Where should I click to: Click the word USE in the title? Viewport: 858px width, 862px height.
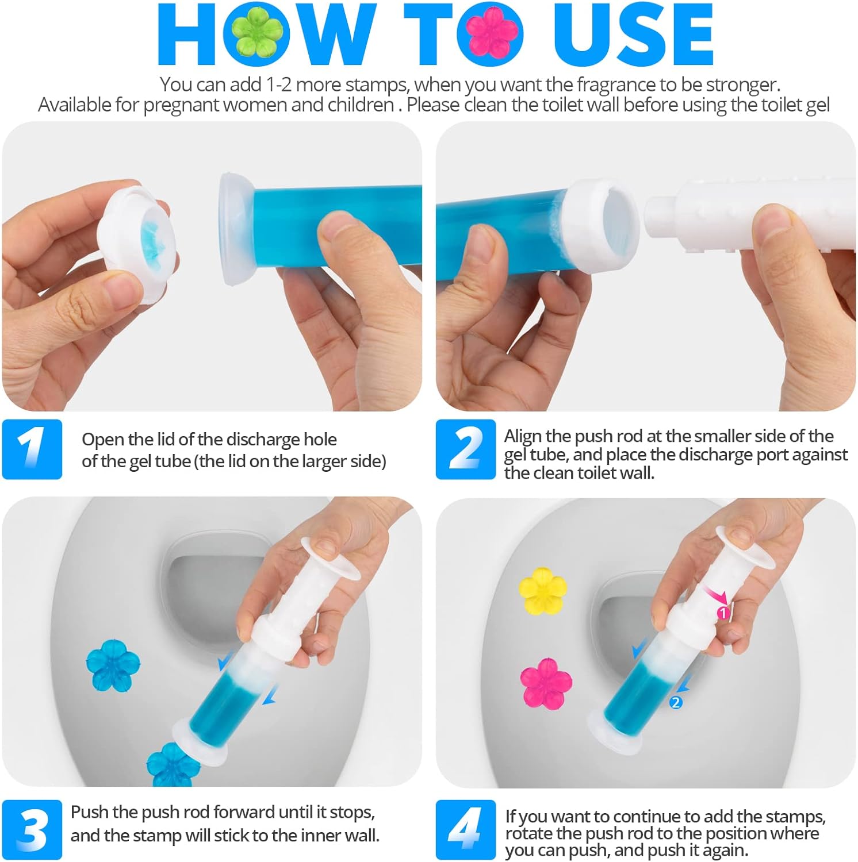pyautogui.click(x=633, y=34)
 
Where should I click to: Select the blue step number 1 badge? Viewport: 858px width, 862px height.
pyautogui.click(x=32, y=449)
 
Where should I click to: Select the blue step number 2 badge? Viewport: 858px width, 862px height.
pyautogui.click(x=465, y=449)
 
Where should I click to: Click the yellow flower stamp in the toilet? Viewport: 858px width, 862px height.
pyautogui.click(x=542, y=591)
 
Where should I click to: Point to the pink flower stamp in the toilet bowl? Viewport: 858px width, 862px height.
pyautogui.click(x=545, y=683)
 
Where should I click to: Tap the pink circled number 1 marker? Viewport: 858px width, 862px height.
pyautogui.click(x=723, y=613)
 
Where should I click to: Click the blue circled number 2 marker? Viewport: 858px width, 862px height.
pyautogui.click(x=676, y=702)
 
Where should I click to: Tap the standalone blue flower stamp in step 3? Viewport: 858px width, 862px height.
pyautogui.click(x=113, y=665)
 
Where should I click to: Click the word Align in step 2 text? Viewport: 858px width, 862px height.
pyautogui.click(x=522, y=436)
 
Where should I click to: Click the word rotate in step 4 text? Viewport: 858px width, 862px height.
pyautogui.click(x=526, y=834)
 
